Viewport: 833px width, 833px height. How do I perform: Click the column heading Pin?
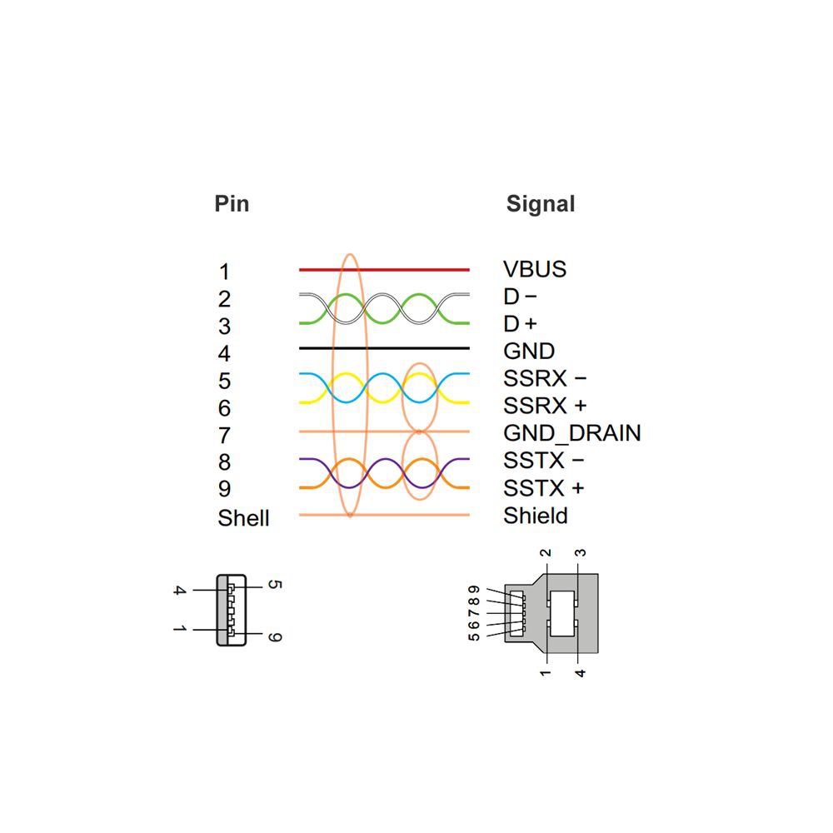pos(232,203)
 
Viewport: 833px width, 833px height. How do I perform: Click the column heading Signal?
pos(540,203)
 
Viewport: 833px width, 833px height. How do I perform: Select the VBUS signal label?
pos(535,269)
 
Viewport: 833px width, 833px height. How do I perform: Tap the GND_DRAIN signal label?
pos(571,433)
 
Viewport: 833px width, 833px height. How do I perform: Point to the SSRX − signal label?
pos(545,378)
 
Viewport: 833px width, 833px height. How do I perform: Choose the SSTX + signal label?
pos(543,488)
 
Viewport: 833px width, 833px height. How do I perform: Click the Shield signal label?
pos(536,516)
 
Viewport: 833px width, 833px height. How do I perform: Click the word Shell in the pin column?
pos(243,518)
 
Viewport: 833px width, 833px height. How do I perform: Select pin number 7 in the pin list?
pos(224,435)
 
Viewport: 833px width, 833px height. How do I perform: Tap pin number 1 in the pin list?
pos(224,272)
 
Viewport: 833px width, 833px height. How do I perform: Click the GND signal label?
pos(529,351)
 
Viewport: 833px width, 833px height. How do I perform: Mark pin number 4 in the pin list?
pos(224,353)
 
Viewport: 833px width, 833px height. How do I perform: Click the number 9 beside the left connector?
pos(277,637)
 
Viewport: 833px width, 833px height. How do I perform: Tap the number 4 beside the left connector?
pos(178,591)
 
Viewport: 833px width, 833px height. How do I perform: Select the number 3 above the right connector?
pos(581,552)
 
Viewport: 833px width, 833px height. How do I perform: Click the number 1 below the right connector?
pos(545,671)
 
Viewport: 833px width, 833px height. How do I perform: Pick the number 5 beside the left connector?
pos(277,585)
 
